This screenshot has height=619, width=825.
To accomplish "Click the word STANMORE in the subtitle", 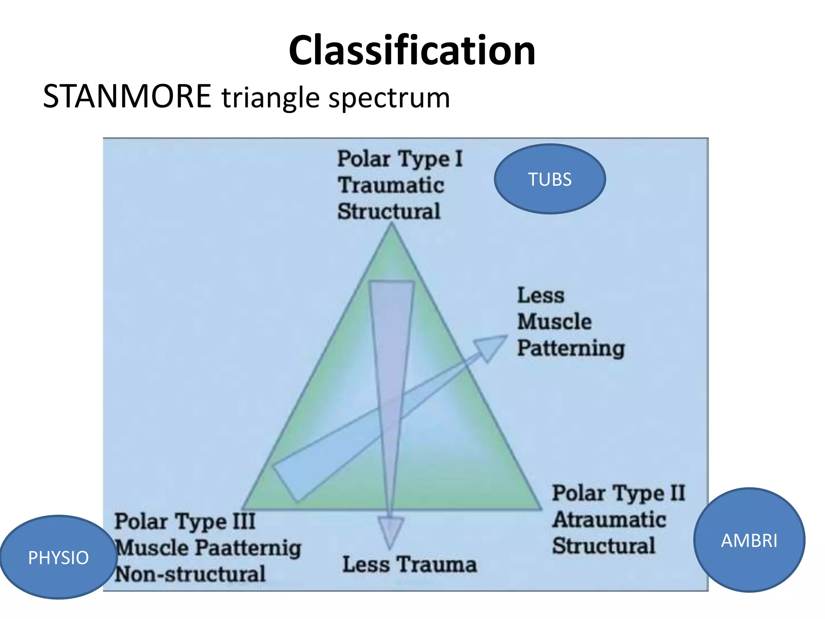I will click(x=127, y=97).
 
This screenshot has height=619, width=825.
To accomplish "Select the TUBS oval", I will click(x=549, y=179).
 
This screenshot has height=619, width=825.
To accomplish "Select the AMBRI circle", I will click(x=749, y=540).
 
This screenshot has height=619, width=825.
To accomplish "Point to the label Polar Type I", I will click(x=400, y=159).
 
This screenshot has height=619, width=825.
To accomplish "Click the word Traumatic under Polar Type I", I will click(x=391, y=185).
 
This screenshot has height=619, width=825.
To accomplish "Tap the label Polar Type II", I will click(x=618, y=493).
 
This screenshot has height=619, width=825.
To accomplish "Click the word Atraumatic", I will click(x=609, y=519).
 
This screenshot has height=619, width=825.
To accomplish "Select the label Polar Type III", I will click(x=185, y=521).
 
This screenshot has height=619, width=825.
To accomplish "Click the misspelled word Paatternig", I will click(x=249, y=548).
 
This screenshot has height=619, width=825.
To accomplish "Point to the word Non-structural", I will click(x=190, y=574).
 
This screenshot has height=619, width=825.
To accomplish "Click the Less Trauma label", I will click(x=409, y=564).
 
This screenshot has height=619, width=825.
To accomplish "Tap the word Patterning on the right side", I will click(x=570, y=348).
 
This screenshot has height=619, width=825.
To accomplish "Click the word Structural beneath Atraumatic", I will click(x=603, y=546).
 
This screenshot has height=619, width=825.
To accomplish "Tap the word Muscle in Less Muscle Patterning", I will click(x=554, y=322).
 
